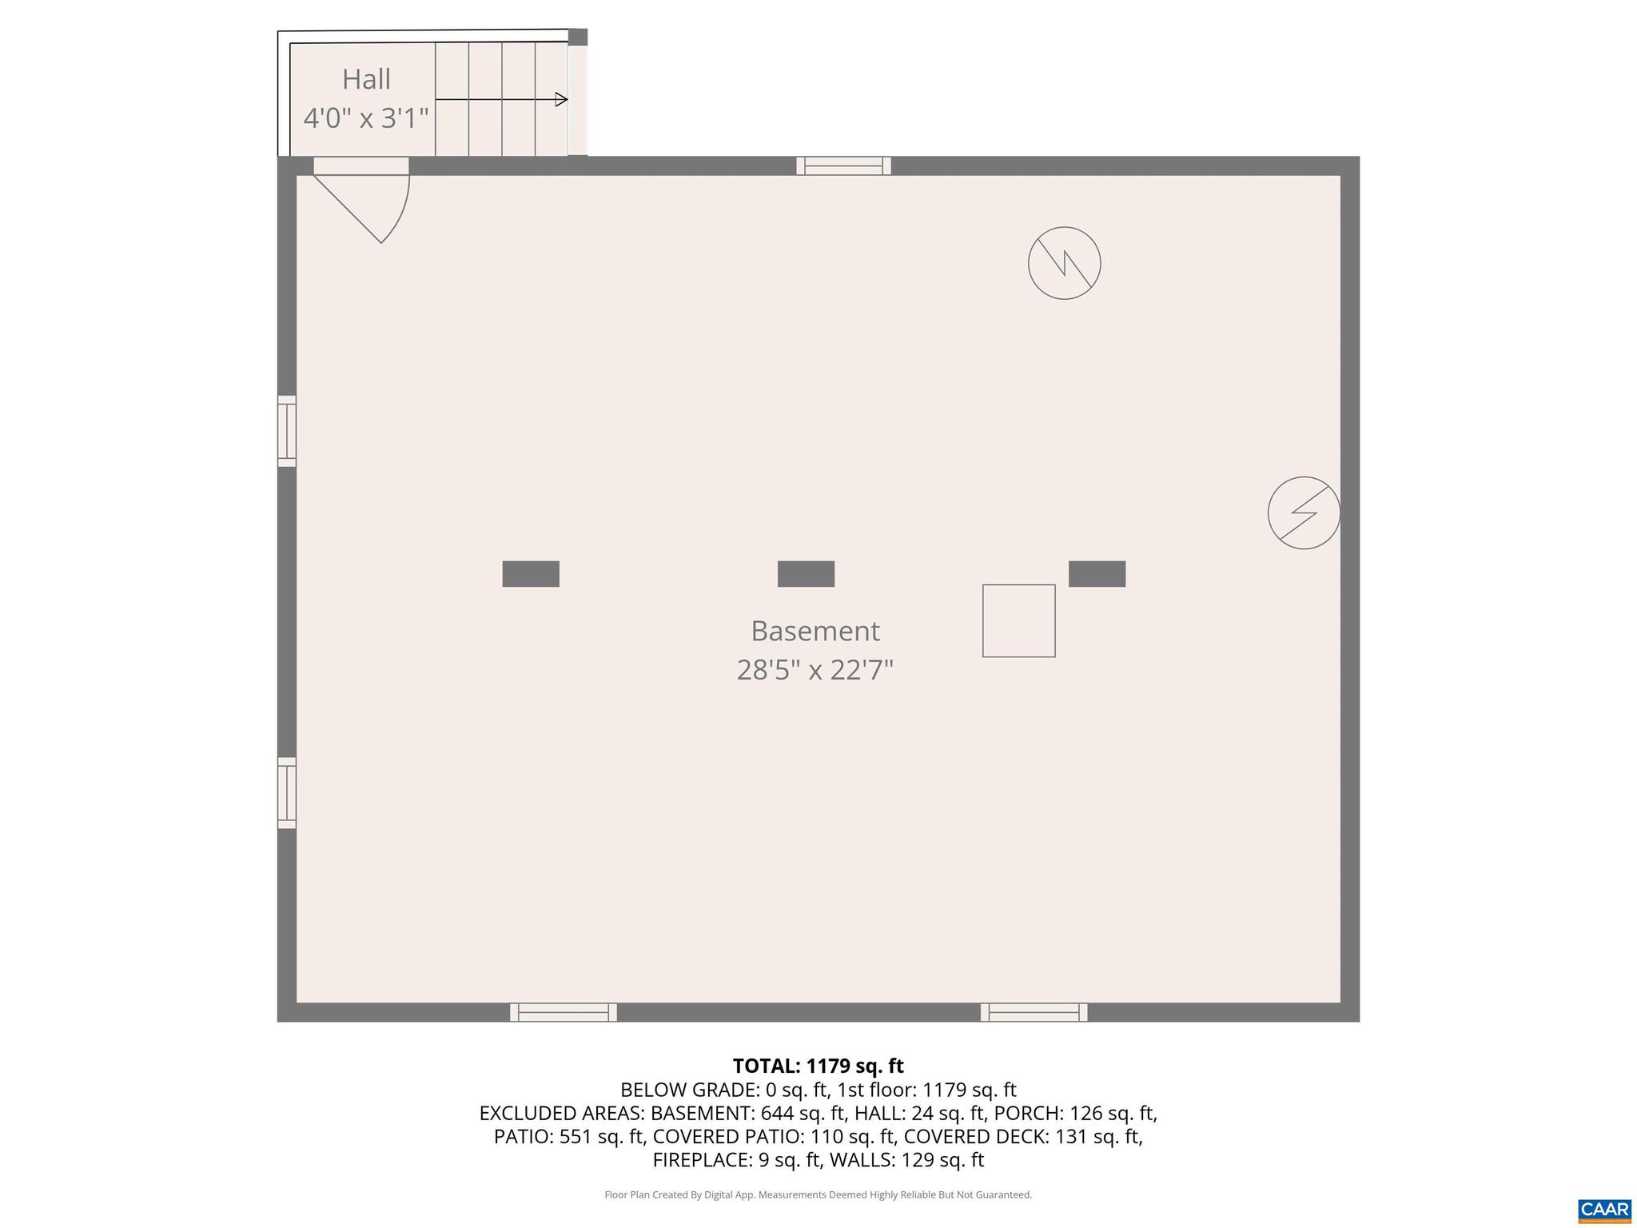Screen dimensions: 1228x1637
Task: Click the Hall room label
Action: (x=366, y=79)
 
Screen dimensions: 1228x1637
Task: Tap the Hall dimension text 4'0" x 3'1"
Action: (x=366, y=118)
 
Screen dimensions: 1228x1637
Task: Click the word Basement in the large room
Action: (x=815, y=631)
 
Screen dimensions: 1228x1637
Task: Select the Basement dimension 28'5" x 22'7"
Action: (x=815, y=669)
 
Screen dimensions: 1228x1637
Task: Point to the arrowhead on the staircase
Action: (x=561, y=100)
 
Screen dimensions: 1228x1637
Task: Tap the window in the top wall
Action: (x=843, y=166)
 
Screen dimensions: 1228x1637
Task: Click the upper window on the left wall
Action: (x=287, y=431)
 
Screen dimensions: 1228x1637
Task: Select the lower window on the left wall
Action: (x=287, y=792)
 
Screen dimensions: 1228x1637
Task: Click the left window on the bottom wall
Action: (x=564, y=1012)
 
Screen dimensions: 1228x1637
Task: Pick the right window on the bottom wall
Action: (x=1034, y=1012)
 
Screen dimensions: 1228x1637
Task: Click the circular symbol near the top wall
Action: (x=1064, y=263)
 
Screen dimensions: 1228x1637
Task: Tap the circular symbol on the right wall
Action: (x=1304, y=512)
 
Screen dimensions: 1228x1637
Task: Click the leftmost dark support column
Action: (x=531, y=574)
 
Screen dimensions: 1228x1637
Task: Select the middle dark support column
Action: (x=806, y=574)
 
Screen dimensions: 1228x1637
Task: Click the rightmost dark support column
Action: (x=1097, y=574)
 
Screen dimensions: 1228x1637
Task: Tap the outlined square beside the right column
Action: (x=1018, y=621)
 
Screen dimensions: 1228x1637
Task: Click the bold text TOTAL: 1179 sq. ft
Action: (x=818, y=1066)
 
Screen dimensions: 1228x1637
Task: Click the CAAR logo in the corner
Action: (x=1603, y=1210)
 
